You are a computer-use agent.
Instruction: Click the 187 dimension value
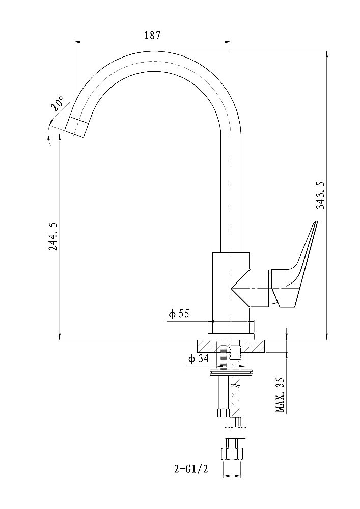click(152, 35)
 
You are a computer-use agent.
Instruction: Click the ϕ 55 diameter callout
click(179, 314)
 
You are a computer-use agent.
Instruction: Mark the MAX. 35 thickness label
click(281, 394)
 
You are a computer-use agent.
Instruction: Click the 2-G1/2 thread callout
click(191, 469)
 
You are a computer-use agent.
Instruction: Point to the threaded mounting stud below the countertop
click(224, 355)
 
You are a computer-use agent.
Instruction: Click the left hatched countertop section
click(208, 346)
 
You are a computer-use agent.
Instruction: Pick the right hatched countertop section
click(255, 346)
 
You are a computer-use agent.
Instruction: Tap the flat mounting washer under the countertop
click(231, 372)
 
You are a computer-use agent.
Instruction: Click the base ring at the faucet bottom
click(231, 336)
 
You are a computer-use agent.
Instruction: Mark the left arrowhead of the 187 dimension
click(77, 42)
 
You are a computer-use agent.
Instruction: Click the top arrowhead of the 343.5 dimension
click(327, 54)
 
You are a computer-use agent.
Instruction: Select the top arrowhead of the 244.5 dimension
click(60, 136)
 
